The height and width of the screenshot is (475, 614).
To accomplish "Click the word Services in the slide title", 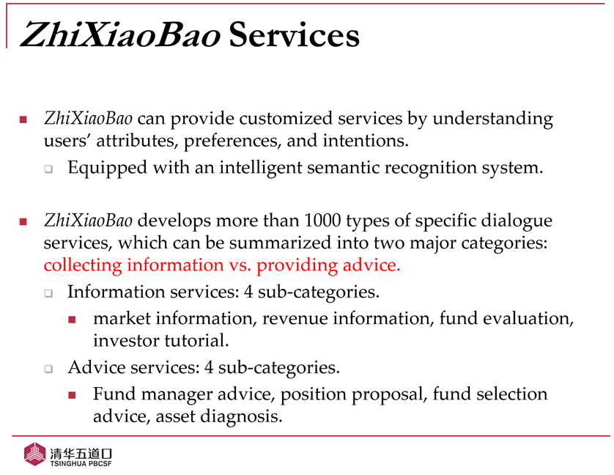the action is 294,35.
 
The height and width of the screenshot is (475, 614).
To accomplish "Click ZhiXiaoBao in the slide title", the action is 120,35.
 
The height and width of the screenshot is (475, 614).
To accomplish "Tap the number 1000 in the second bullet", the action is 322,221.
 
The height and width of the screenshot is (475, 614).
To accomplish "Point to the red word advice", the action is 371,265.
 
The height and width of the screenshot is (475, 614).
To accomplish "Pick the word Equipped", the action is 107,169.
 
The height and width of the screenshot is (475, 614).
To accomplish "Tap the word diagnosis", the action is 241,417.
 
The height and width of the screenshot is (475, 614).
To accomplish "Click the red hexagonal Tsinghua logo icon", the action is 35,454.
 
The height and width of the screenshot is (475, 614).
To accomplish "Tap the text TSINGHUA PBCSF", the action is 81,463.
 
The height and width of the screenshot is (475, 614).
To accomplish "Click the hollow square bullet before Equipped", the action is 48,169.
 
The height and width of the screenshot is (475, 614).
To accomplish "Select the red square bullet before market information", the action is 72,320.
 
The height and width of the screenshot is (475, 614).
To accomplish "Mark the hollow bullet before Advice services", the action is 48,369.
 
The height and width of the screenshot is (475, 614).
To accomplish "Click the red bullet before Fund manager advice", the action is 72,395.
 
